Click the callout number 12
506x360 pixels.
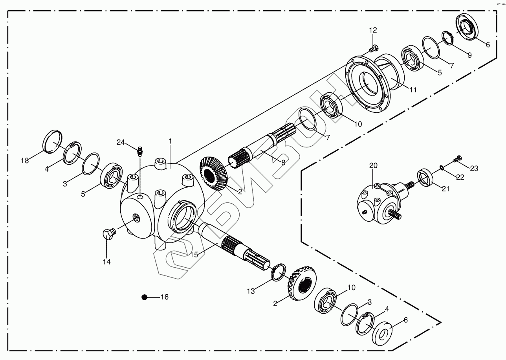[x=372, y=30]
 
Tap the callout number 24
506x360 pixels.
[x=121, y=142]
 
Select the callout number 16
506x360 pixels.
[x=164, y=297]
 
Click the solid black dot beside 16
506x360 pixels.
[x=145, y=298]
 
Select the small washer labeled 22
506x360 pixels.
[x=442, y=168]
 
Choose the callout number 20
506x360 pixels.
[x=372, y=166]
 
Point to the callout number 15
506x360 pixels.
[x=194, y=254]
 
